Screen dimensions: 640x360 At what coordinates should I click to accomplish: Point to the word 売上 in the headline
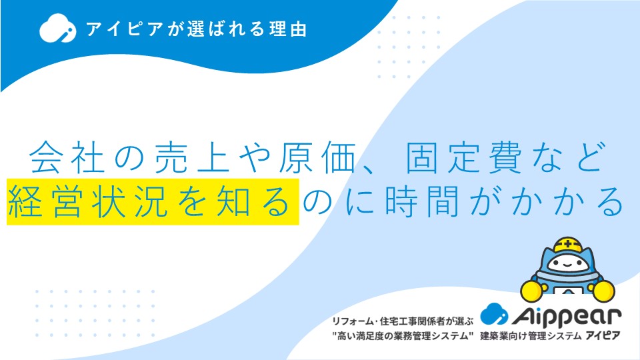[x=193, y=158]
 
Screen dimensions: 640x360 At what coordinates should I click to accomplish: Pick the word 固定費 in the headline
[x=464, y=158]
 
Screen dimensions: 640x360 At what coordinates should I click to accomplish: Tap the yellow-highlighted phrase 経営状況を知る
[x=153, y=201]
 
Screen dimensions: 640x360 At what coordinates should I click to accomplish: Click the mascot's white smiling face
[x=568, y=263]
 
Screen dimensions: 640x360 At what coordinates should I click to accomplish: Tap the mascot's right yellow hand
[x=604, y=291]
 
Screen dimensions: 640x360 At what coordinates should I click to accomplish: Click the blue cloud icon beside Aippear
[x=494, y=314]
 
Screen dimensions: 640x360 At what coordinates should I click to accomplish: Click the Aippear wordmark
[x=567, y=316]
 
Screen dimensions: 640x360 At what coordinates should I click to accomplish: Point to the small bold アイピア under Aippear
[x=603, y=336]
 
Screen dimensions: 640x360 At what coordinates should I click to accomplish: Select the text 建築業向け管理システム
[x=531, y=336]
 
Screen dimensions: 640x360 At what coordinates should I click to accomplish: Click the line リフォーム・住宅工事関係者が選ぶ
[x=403, y=321]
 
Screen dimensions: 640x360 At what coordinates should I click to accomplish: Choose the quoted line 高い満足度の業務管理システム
[x=403, y=336]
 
